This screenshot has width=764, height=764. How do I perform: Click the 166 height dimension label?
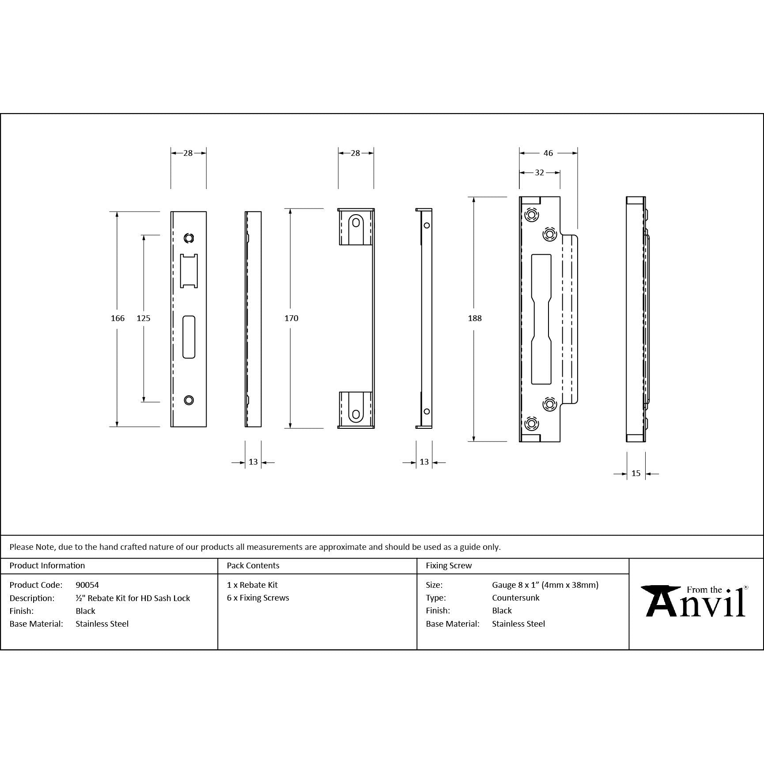[117, 318]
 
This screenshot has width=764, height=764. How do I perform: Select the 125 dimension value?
[144, 318]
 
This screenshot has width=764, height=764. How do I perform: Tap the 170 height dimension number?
[291, 318]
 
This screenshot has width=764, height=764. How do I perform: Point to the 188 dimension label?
[475, 318]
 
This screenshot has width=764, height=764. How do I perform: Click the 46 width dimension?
[548, 153]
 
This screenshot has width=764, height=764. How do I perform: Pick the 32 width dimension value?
[539, 173]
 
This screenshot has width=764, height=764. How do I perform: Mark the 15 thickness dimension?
[636, 473]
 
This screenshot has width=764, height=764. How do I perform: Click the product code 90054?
[87, 585]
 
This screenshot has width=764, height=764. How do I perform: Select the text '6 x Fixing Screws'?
[258, 598]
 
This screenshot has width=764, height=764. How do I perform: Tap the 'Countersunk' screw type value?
[516, 598]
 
